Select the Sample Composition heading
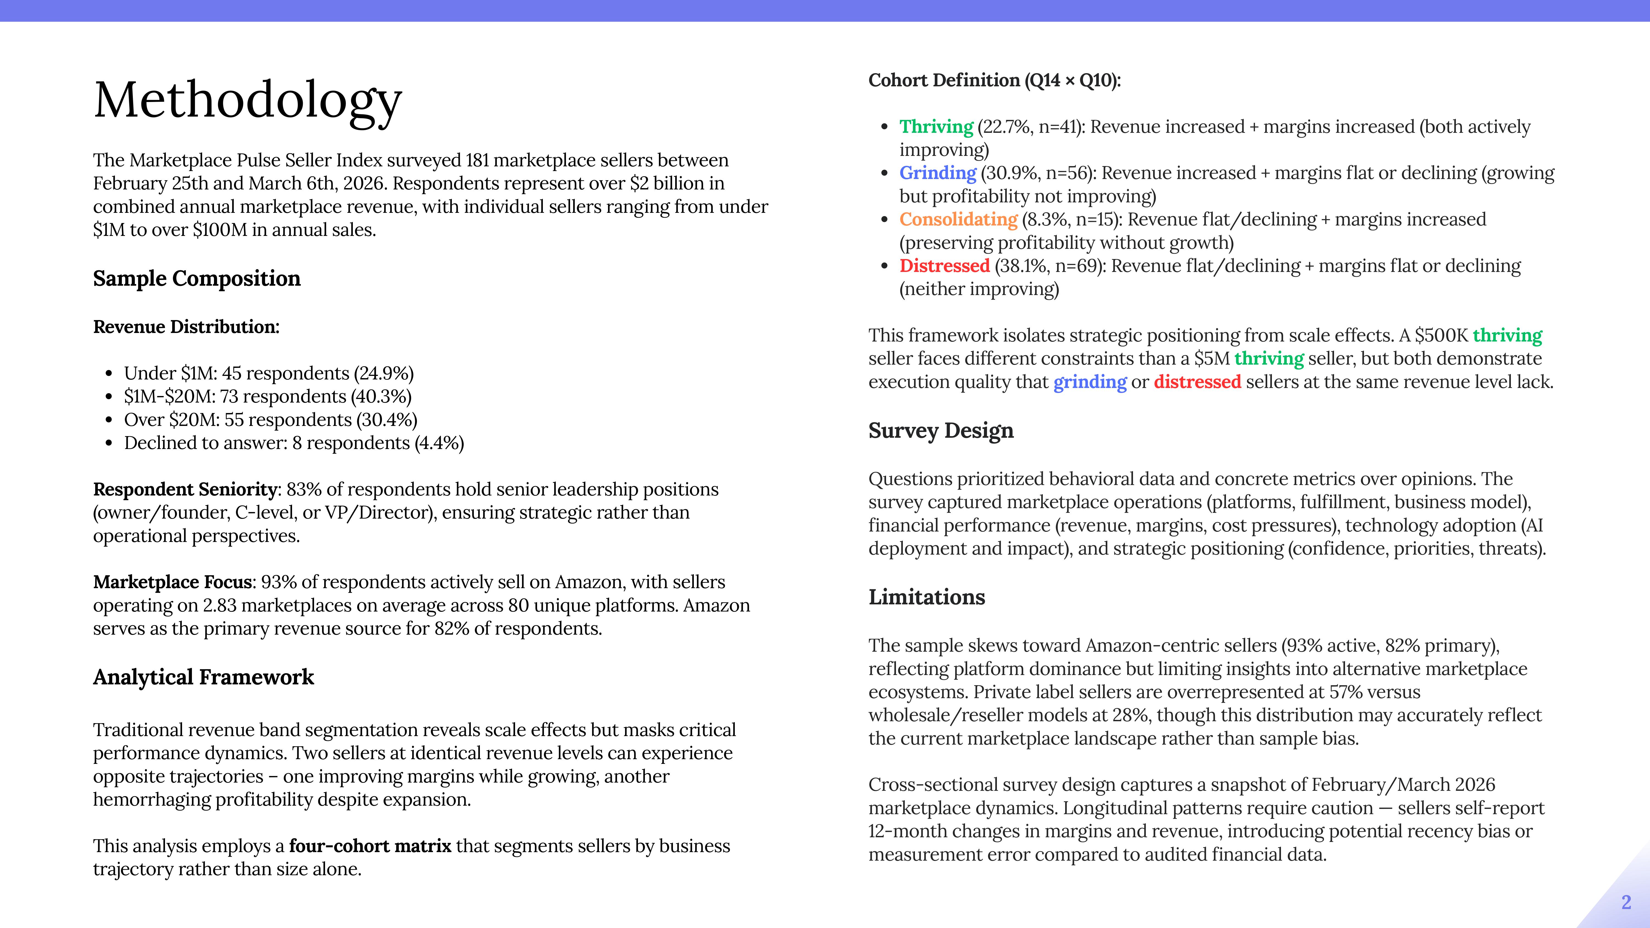197,279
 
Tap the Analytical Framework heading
203,677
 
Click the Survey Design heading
940,430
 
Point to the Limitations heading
926,597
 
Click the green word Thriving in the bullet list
936,127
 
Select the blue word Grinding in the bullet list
937,173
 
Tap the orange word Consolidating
958,220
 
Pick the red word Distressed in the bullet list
944,266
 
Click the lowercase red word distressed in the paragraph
1197,382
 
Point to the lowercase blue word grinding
1090,382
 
